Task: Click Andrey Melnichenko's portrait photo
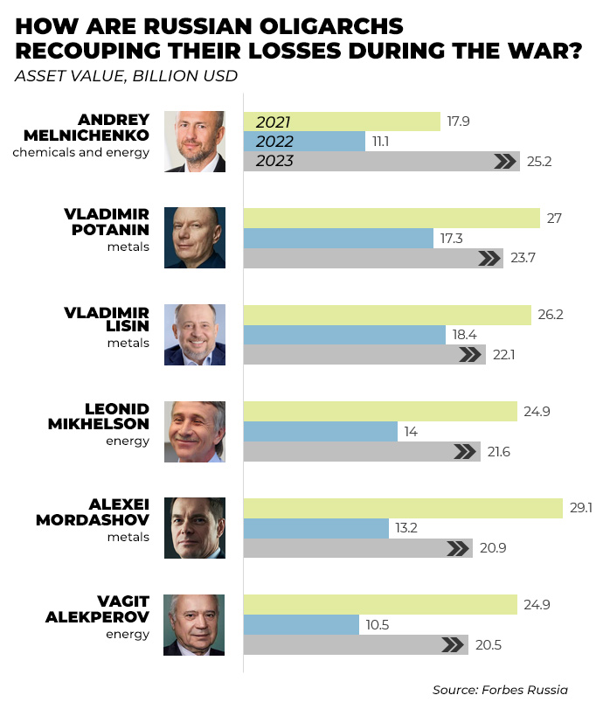click(194, 142)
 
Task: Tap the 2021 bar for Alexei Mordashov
click(402, 508)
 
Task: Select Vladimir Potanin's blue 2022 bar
click(338, 238)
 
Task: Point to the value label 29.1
click(581, 508)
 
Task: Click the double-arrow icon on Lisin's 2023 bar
click(470, 354)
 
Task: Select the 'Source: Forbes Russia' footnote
click(500, 690)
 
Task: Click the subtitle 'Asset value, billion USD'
click(126, 75)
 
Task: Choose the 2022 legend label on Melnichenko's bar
click(274, 142)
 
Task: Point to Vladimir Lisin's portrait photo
click(194, 335)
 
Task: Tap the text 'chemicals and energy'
click(80, 152)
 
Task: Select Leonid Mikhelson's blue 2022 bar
click(320, 431)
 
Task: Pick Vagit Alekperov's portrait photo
click(194, 624)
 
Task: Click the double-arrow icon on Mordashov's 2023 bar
click(458, 548)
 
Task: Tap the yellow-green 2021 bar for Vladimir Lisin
click(386, 315)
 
